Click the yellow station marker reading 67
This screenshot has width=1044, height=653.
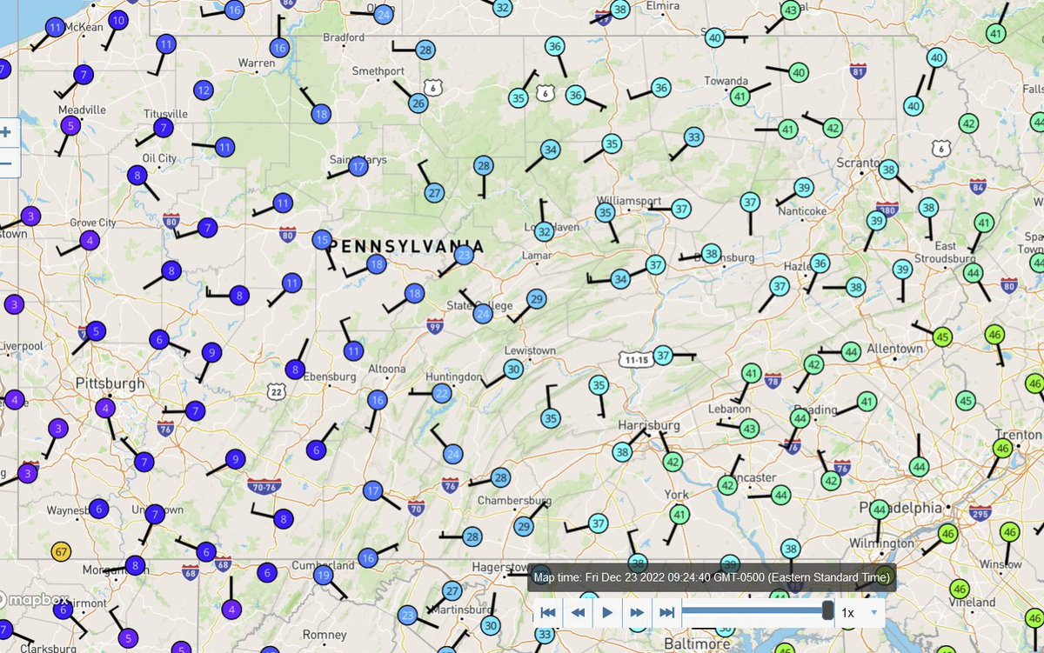tap(60, 551)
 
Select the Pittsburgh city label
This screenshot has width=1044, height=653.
tap(110, 383)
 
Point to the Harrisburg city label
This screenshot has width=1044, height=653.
tap(647, 424)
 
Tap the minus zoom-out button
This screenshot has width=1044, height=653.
tap(7, 163)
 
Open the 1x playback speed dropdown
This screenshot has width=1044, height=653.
tap(860, 612)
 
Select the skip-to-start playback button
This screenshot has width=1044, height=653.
tap(548, 612)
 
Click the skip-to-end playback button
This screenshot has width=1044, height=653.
tap(667, 612)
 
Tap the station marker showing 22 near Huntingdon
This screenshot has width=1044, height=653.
tap(442, 394)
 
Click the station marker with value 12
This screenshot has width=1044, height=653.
tap(204, 90)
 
